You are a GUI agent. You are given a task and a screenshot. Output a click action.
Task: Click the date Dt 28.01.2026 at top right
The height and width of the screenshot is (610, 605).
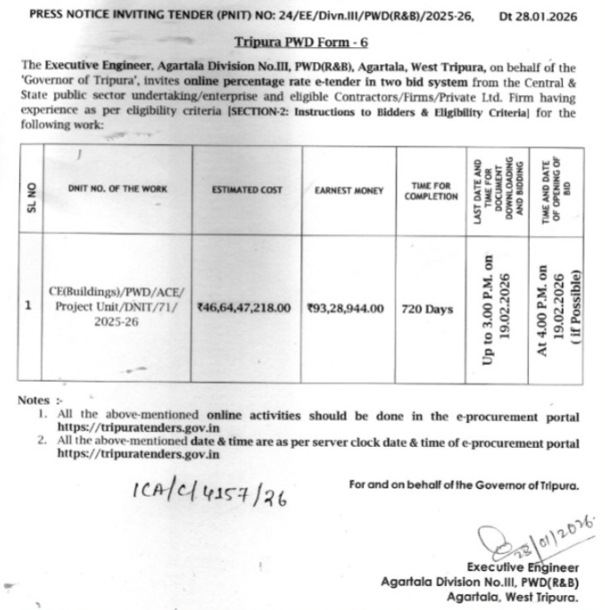coord(539,16)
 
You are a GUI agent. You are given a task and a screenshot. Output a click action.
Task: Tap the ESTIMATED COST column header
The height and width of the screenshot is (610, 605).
coord(247,190)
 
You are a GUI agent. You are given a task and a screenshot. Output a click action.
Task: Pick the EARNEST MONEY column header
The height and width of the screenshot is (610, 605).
coord(348,190)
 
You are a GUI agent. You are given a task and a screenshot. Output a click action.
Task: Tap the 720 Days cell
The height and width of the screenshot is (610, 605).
coord(427,309)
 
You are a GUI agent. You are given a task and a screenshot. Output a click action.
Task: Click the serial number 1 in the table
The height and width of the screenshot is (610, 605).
coord(29,305)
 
